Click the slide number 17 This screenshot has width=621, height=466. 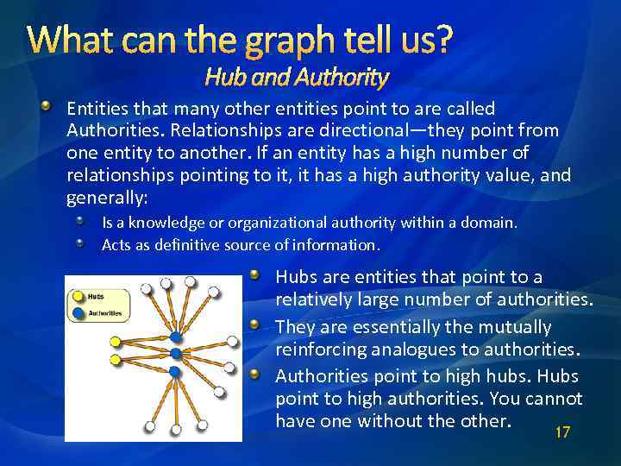coord(562,432)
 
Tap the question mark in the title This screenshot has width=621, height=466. coord(441,40)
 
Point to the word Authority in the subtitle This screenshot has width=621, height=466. coord(344,79)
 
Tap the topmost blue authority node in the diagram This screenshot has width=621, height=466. coord(176,336)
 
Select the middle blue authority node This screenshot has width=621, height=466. coord(176,354)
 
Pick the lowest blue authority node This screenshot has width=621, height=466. coord(174,372)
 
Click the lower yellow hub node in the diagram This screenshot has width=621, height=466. coord(115,358)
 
